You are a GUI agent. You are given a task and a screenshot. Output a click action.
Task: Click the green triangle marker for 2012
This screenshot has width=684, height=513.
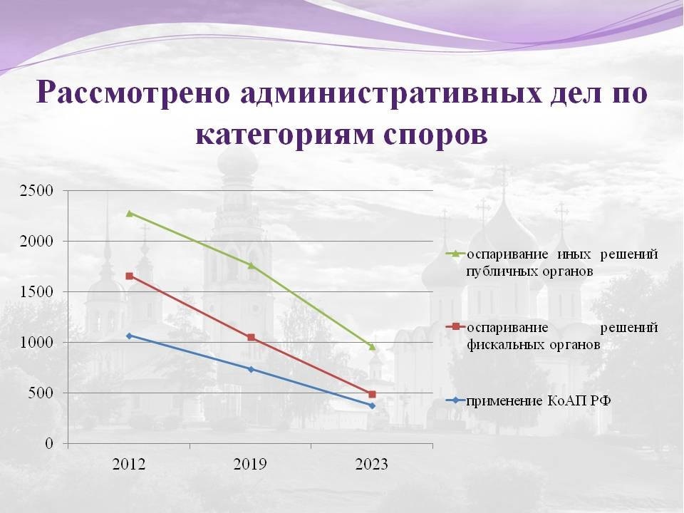click(x=129, y=213)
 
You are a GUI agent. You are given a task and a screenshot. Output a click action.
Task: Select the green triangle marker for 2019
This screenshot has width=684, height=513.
click(x=251, y=265)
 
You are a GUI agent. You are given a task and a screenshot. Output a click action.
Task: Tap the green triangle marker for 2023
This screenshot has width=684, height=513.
click(x=372, y=347)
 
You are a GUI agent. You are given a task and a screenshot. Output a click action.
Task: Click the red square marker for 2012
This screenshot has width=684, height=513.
click(x=129, y=276)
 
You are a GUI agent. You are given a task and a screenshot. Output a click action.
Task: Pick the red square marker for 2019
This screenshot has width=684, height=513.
click(x=251, y=337)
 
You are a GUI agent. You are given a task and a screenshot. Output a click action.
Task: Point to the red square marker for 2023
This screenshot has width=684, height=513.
click(x=372, y=394)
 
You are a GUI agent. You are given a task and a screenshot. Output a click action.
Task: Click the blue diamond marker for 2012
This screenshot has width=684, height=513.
click(x=129, y=336)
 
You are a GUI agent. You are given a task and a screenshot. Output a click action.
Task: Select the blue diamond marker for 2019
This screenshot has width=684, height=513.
click(x=251, y=369)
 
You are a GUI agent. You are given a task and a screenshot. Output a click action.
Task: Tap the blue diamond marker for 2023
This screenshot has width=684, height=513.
click(x=372, y=405)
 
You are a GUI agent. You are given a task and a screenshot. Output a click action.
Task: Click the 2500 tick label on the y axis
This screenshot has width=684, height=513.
click(x=36, y=191)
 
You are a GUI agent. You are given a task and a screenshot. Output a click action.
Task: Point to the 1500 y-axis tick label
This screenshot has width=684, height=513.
click(x=36, y=292)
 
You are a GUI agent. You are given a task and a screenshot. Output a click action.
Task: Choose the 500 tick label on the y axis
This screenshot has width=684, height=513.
click(x=41, y=393)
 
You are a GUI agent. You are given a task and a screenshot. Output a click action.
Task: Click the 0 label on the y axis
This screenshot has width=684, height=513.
click(x=49, y=444)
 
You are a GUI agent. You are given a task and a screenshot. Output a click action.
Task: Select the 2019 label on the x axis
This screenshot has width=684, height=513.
click(x=250, y=464)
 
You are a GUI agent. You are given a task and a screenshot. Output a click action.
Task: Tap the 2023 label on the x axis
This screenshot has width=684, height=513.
click(x=372, y=464)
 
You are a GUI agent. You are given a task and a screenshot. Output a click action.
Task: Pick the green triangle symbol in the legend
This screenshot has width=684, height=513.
click(x=456, y=254)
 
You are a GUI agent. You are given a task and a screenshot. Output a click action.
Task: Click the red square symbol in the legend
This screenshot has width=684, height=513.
click(x=456, y=326)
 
